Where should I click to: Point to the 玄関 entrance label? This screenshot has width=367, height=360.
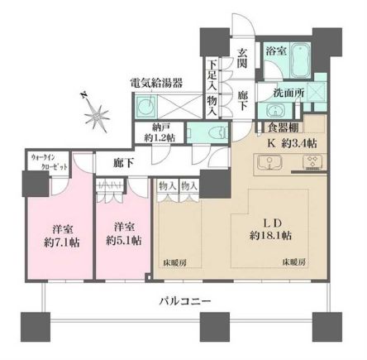[242, 60]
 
